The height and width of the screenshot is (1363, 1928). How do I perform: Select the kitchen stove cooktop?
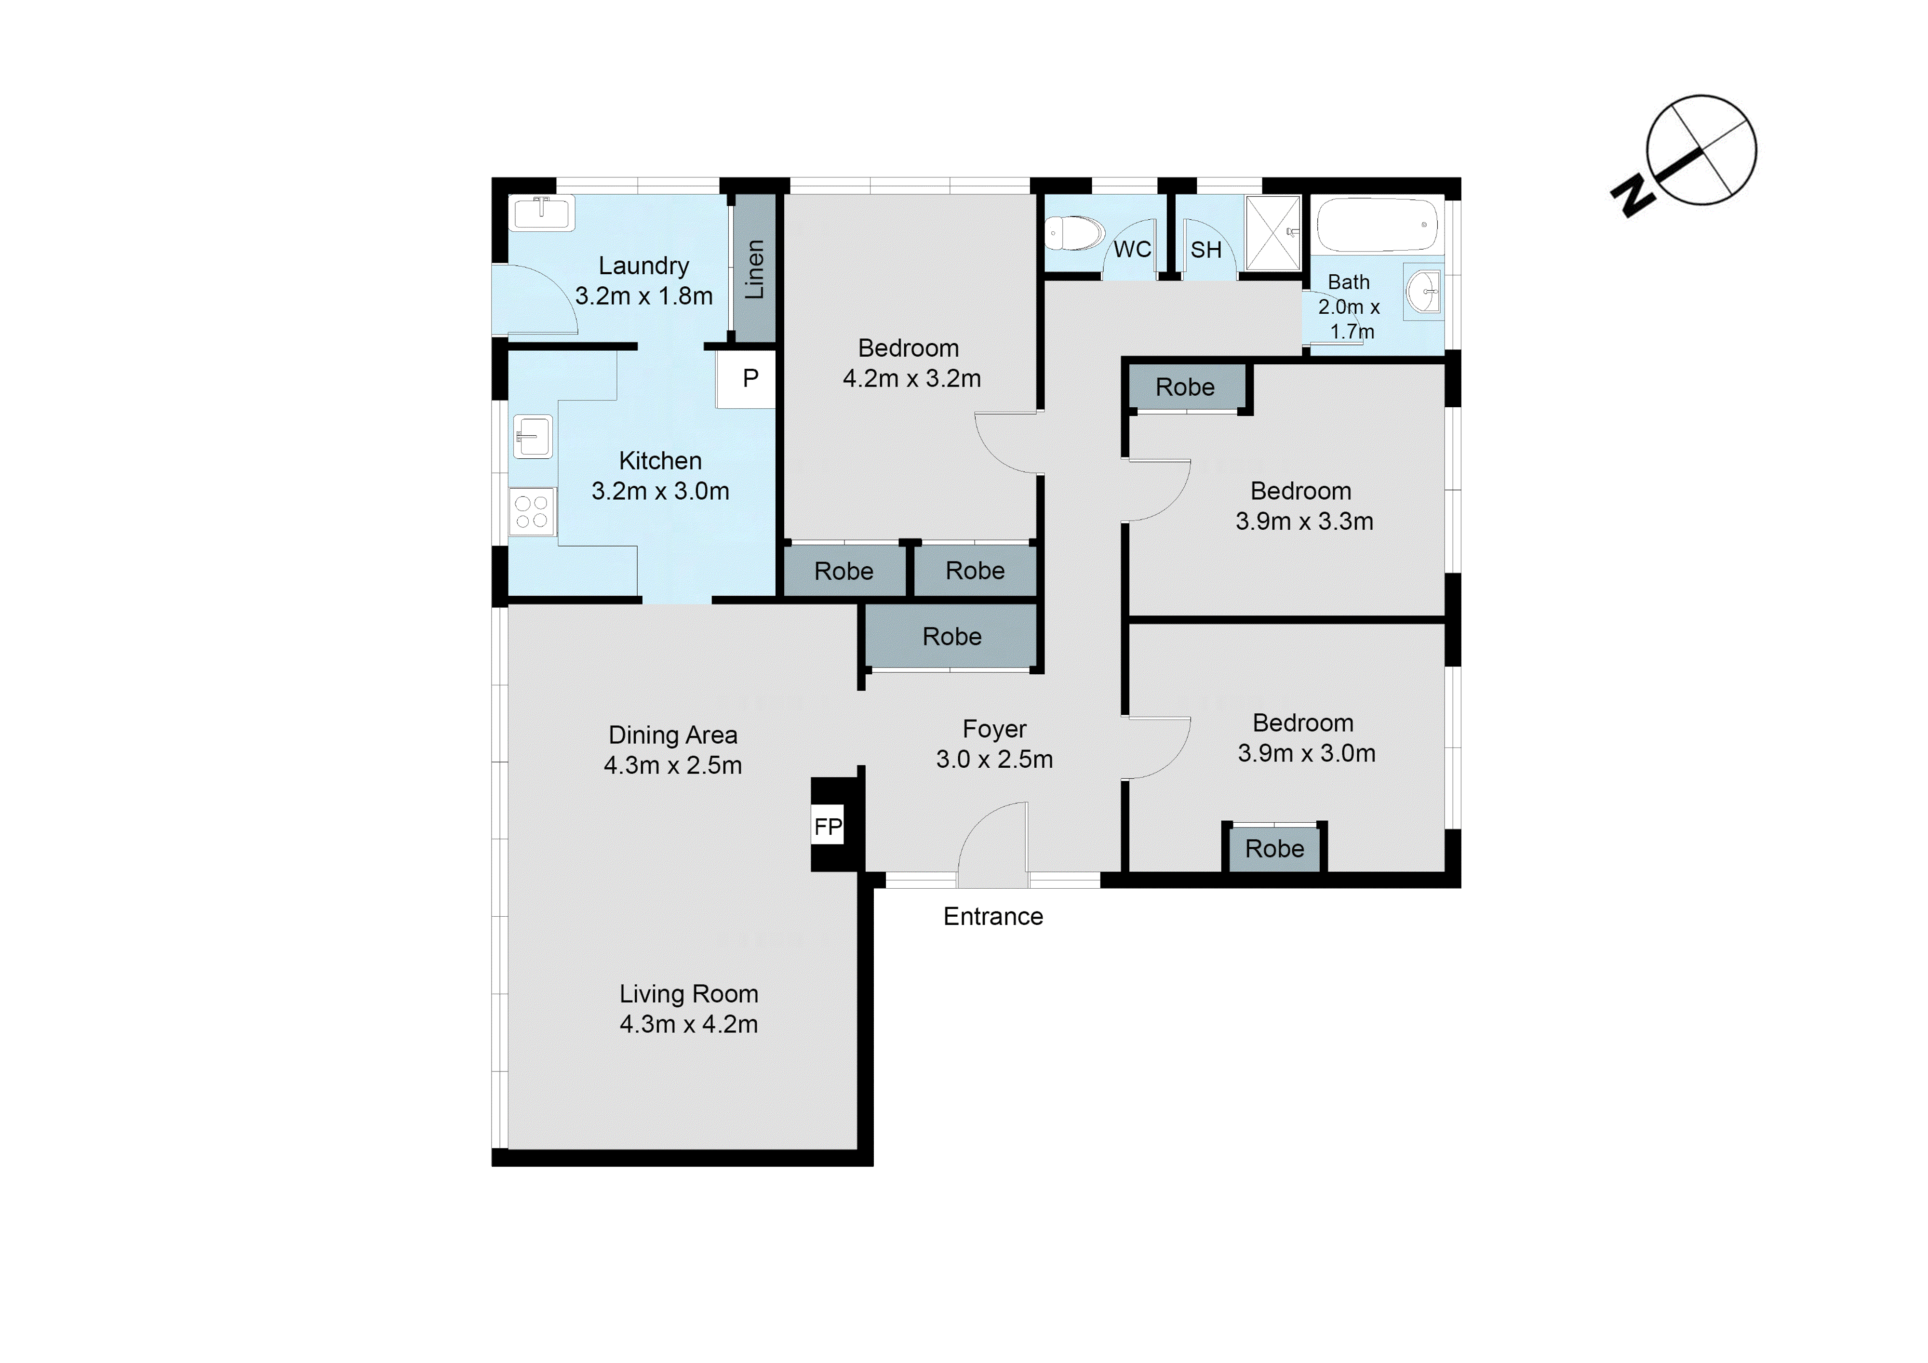click(532, 511)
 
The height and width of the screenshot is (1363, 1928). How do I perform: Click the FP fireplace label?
click(828, 827)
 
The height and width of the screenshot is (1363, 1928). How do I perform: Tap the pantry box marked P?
click(750, 379)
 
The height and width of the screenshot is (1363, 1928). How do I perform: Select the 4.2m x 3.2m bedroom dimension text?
click(911, 379)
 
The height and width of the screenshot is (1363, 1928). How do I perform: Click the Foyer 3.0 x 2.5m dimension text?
click(994, 759)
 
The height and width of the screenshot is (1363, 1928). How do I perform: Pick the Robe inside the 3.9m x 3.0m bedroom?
click(1274, 849)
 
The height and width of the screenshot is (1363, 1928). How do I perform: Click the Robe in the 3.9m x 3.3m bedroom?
click(1185, 387)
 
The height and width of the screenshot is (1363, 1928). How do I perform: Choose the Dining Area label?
click(672, 735)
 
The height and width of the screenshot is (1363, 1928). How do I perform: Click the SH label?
click(1206, 250)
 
